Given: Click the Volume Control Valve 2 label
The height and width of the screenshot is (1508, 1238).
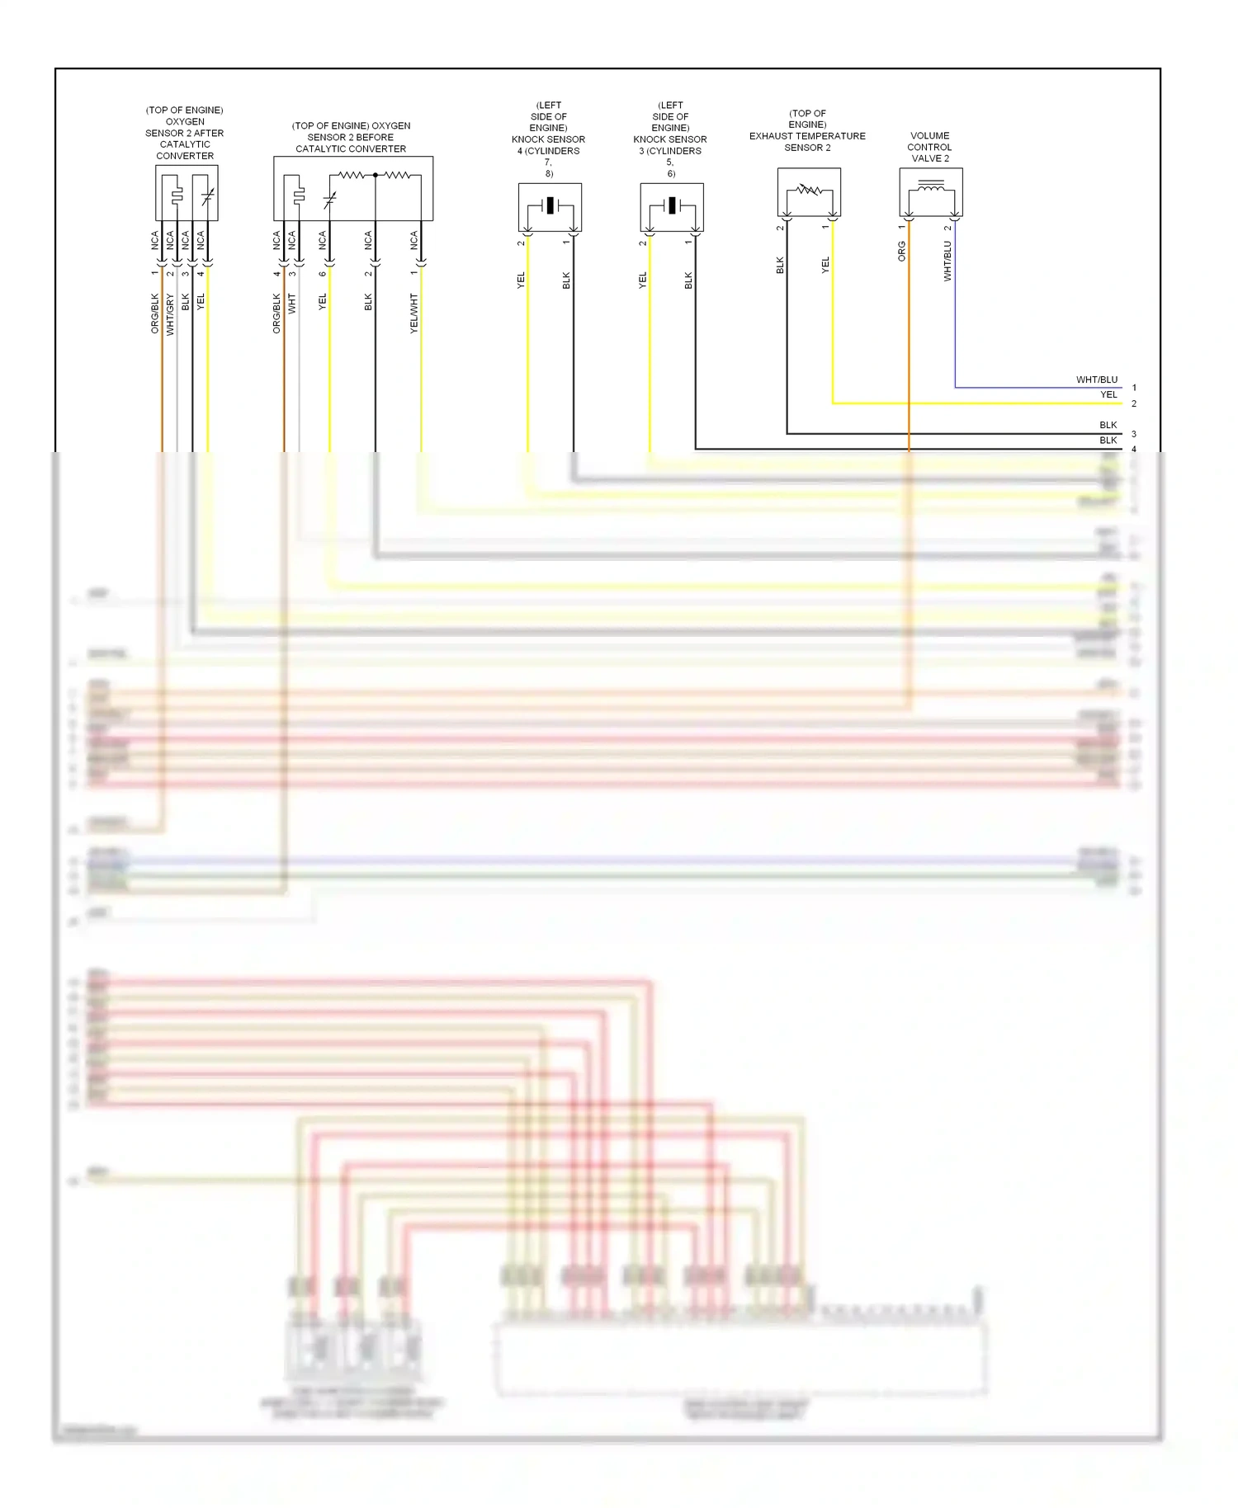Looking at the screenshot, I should pyautogui.click(x=930, y=147).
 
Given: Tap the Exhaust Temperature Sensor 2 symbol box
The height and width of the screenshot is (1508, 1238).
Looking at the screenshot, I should pyautogui.click(x=809, y=192).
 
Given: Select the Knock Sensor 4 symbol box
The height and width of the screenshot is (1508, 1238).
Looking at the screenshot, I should pyautogui.click(x=550, y=206).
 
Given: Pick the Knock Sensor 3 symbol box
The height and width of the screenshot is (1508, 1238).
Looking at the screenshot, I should pyautogui.click(x=672, y=206).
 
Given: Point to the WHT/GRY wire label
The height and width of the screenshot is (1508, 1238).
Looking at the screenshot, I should pyautogui.click(x=171, y=314).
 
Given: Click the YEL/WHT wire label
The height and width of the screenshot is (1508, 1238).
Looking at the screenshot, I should pyautogui.click(x=414, y=313).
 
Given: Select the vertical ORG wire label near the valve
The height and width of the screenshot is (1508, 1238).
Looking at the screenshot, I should pyautogui.click(x=902, y=252).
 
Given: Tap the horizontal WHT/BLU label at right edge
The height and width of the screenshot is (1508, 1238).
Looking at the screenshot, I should pyautogui.click(x=1096, y=380).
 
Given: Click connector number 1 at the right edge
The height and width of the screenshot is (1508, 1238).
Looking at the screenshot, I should pyautogui.click(x=1134, y=388).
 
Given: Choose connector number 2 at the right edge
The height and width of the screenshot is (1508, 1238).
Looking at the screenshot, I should pyautogui.click(x=1134, y=404).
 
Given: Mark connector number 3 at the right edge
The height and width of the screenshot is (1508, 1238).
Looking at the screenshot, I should pyautogui.click(x=1134, y=434).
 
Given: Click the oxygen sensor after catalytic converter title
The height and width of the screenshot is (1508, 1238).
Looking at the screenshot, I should pyautogui.click(x=185, y=133).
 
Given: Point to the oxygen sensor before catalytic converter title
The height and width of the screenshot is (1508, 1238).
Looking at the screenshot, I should pyautogui.click(x=351, y=138).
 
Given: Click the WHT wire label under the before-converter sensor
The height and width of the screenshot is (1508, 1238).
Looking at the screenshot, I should pyautogui.click(x=292, y=304).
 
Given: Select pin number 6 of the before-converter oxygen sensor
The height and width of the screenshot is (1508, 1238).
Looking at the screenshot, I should pyautogui.click(x=323, y=274).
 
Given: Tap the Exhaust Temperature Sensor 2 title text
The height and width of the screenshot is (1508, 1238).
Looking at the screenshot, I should pyautogui.click(x=807, y=130).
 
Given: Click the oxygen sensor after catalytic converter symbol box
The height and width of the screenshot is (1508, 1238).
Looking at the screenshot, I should pyautogui.click(x=187, y=193).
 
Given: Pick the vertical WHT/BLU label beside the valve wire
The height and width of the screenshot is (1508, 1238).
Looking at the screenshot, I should pyautogui.click(x=947, y=262).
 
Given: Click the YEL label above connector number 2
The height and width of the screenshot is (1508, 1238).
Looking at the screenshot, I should pyautogui.click(x=1108, y=395).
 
